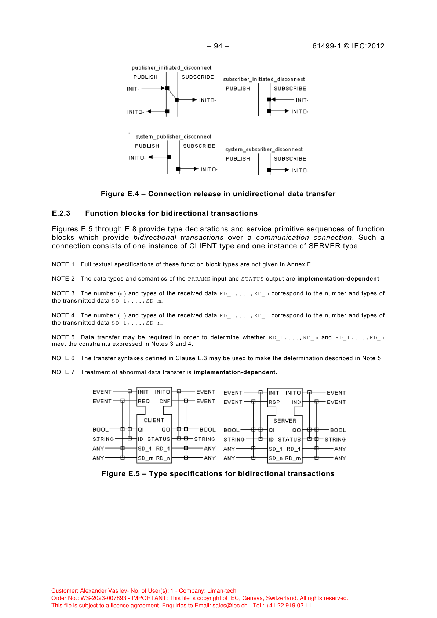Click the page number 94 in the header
tap(218, 46)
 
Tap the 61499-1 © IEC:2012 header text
tap(348, 46)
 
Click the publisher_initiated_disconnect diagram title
tap(171, 68)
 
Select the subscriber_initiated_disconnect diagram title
tap(264, 79)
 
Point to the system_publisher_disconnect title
tap(173, 137)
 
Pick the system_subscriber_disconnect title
tap(264, 150)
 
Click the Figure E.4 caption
tap(218, 194)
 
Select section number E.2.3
tap(61, 213)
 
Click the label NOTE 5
tap(63, 337)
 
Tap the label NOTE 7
tap(63, 372)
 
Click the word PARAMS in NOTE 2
tap(199, 279)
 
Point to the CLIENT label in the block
tap(154, 420)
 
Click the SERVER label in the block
tap(285, 421)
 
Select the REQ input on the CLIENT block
tap(143, 401)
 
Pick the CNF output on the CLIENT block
tap(164, 401)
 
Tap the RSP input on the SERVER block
tap(274, 402)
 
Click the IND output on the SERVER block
tap(296, 402)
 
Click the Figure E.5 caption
tap(218, 474)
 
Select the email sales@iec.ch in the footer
tap(230, 606)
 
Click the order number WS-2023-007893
tap(103, 598)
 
